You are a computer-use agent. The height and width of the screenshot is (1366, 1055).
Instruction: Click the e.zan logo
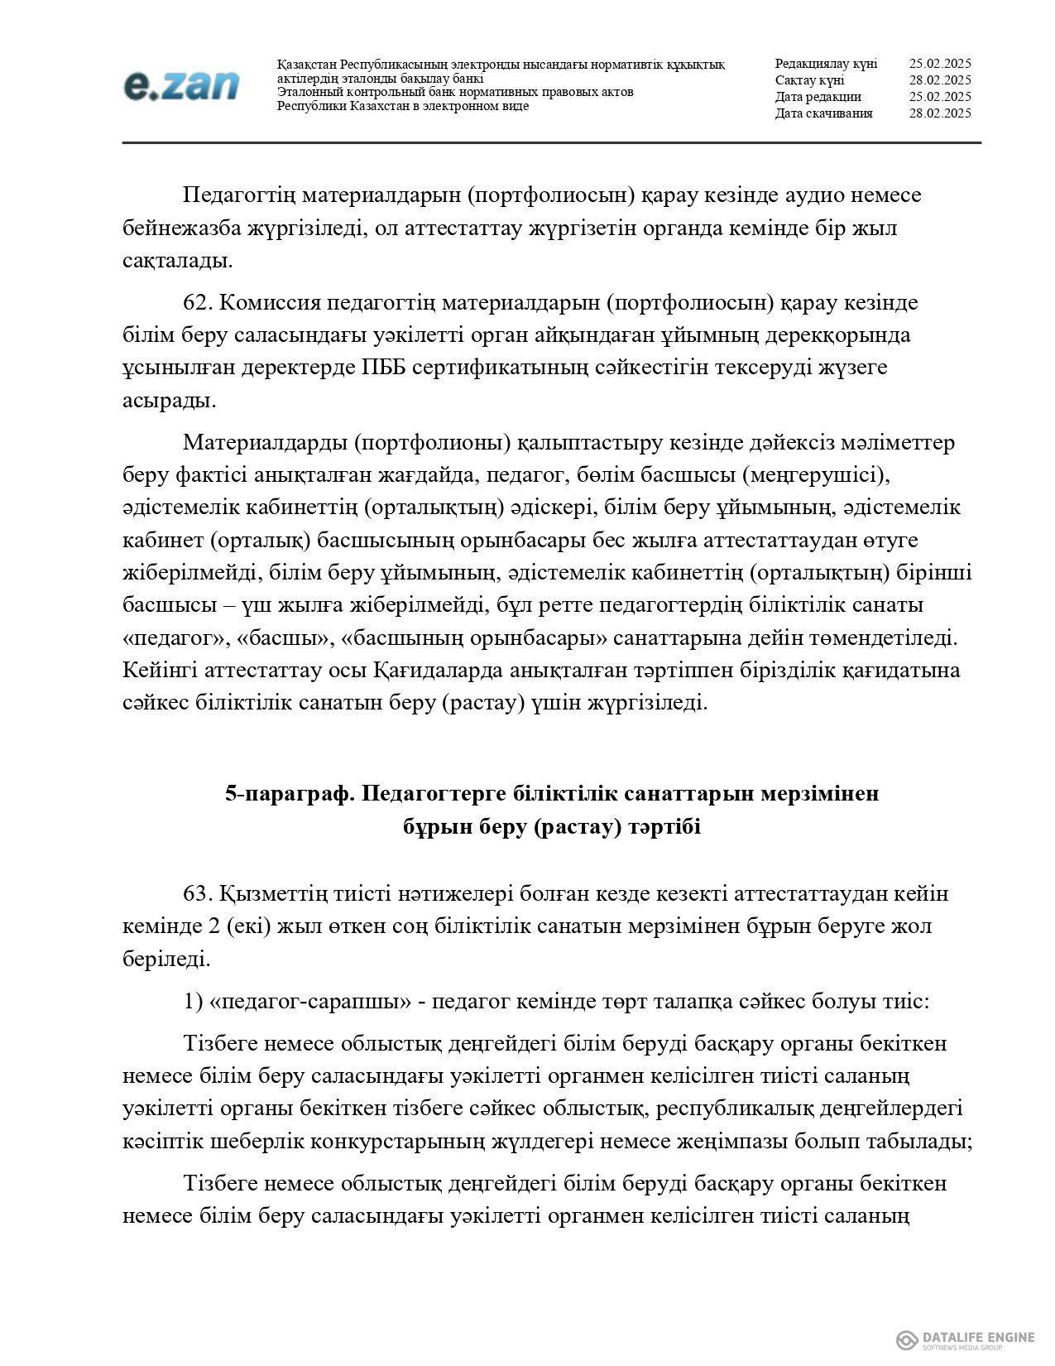click(x=181, y=85)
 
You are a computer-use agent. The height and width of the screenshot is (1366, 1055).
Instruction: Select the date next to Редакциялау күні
click(x=939, y=64)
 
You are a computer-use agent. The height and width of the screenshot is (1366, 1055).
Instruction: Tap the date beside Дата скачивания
click(x=939, y=113)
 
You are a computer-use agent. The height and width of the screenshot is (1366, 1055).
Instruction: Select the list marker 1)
click(x=193, y=1002)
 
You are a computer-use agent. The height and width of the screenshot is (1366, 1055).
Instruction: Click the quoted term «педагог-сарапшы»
click(x=311, y=1002)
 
